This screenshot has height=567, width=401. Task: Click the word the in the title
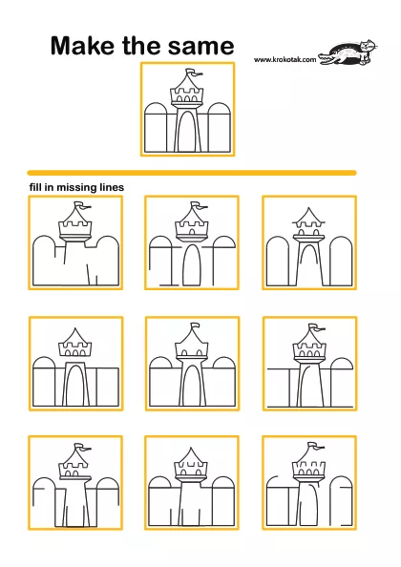[142, 46]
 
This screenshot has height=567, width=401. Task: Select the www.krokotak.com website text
[285, 60]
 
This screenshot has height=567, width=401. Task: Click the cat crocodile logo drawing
[348, 53]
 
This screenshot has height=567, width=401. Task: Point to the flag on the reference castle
[194, 73]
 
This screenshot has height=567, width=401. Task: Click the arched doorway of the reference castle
[187, 131]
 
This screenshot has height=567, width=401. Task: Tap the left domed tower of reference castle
[156, 127]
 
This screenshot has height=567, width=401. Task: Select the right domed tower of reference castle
[219, 127]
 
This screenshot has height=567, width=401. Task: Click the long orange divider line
[192, 173]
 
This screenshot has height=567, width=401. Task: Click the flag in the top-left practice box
[82, 205]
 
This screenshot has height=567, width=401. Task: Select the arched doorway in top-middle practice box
[191, 264]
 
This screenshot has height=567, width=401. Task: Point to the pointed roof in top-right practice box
[308, 215]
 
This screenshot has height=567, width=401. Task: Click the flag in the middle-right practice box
[316, 327]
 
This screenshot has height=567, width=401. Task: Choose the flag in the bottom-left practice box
[82, 447]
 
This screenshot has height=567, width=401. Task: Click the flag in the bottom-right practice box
[316, 446]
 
